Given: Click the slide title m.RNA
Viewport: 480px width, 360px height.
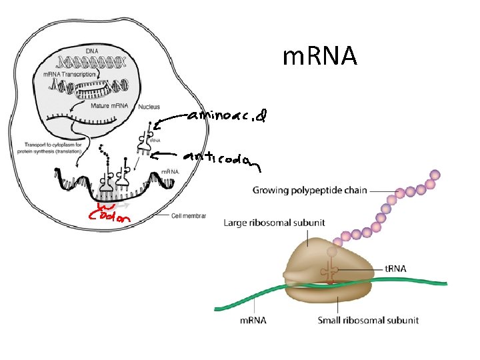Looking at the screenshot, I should (320, 57).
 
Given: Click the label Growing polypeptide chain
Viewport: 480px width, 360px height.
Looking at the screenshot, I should (309, 190).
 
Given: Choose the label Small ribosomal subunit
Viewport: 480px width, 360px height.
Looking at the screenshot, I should (368, 320).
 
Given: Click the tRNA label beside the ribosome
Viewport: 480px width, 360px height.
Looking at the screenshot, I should (396, 269).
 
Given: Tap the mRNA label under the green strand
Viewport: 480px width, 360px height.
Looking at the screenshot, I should (253, 320).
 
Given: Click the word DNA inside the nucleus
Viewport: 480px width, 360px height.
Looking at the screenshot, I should (93, 51).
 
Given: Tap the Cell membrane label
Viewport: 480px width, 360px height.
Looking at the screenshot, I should (188, 216).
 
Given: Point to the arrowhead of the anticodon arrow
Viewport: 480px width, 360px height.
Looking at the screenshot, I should (153, 156).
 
